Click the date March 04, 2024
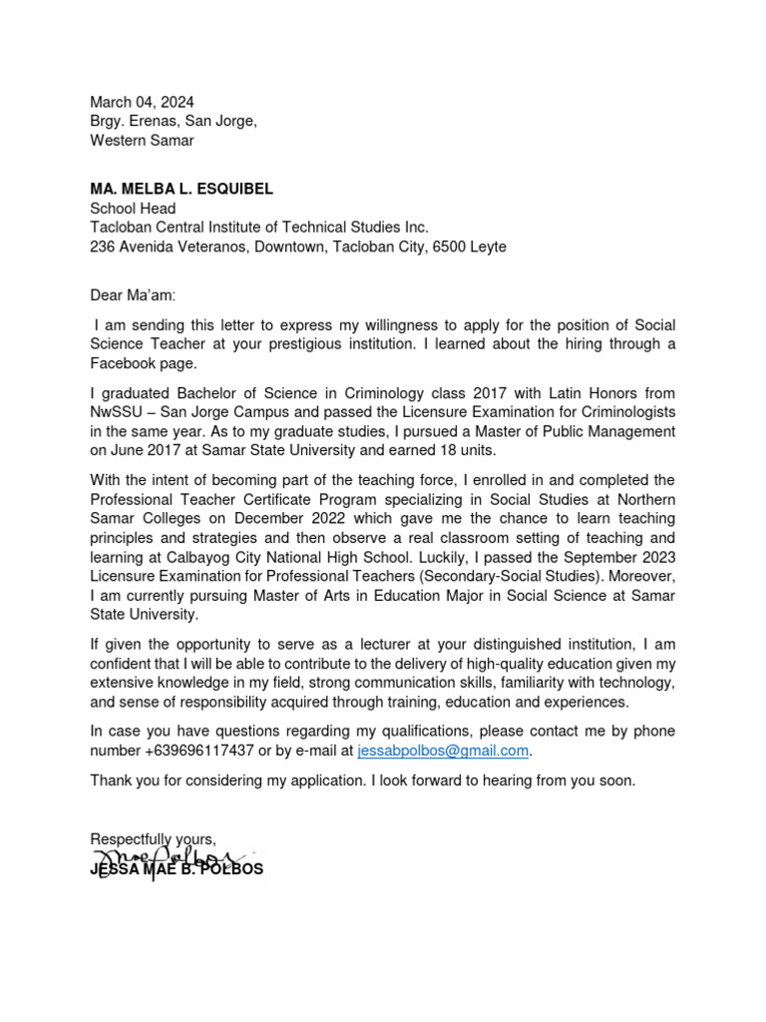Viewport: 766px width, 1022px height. (142, 102)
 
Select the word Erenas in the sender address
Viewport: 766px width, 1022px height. (159, 121)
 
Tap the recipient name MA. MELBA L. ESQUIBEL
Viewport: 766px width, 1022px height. (182, 189)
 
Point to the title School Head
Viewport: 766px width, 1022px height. (133, 209)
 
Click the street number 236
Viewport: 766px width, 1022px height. (103, 247)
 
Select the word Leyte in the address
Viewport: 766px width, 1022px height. (489, 247)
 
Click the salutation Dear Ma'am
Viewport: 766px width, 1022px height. (131, 295)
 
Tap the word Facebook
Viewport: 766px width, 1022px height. (121, 363)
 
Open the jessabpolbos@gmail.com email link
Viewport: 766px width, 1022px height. (442, 751)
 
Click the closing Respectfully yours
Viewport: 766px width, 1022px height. (153, 838)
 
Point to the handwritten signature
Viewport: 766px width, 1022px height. (165, 859)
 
